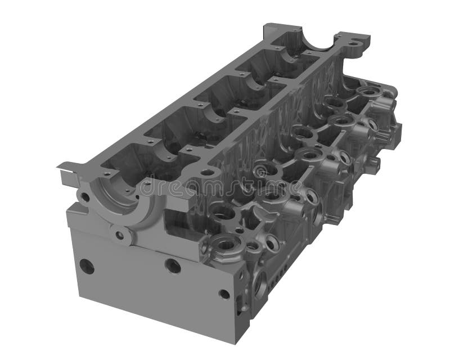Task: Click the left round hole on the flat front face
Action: [x=87, y=266]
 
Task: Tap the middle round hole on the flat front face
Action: [x=173, y=266]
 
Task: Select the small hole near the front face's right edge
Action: [x=224, y=294]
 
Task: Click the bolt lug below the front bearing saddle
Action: [x=119, y=235]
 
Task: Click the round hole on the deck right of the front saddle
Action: [x=207, y=172]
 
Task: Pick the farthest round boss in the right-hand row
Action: [x=368, y=92]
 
